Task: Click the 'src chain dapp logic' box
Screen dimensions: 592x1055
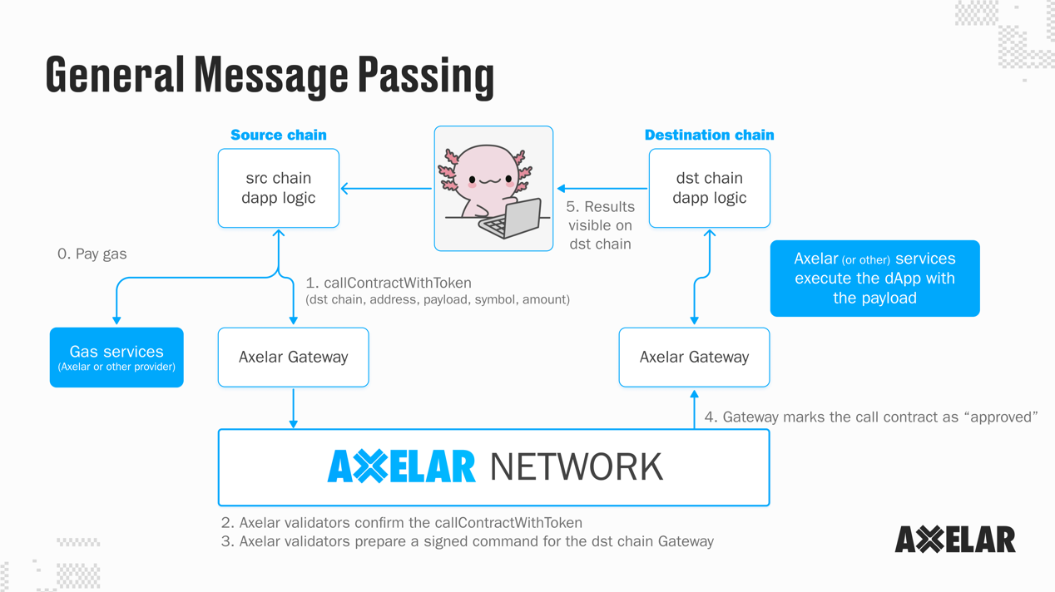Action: [x=278, y=188]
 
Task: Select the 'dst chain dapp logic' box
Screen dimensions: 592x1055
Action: [x=709, y=188]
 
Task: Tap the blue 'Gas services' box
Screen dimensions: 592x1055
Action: [x=116, y=358]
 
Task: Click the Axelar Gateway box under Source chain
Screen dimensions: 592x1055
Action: [x=293, y=358]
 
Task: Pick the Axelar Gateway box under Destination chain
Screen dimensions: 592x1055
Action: [x=694, y=358]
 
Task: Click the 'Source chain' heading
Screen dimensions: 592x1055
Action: [x=278, y=135]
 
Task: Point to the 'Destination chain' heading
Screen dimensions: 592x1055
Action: [x=709, y=135]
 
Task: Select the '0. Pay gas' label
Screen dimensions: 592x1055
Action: [x=92, y=254]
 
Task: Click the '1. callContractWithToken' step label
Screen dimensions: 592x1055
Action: [x=389, y=283]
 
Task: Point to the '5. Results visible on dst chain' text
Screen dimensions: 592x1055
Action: [x=600, y=225]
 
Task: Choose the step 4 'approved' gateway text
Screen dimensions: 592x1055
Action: [x=870, y=417]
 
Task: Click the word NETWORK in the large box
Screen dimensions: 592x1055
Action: [x=577, y=467]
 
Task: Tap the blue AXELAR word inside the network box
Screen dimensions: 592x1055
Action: [x=402, y=467]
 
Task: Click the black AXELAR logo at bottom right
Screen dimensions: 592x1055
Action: [x=954, y=540]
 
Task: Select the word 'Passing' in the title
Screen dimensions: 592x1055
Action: [x=426, y=75]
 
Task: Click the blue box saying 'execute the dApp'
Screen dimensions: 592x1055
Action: [x=874, y=279]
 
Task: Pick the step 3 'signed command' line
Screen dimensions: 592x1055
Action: [x=468, y=541]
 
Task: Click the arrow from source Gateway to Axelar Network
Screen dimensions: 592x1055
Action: [x=293, y=407]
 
